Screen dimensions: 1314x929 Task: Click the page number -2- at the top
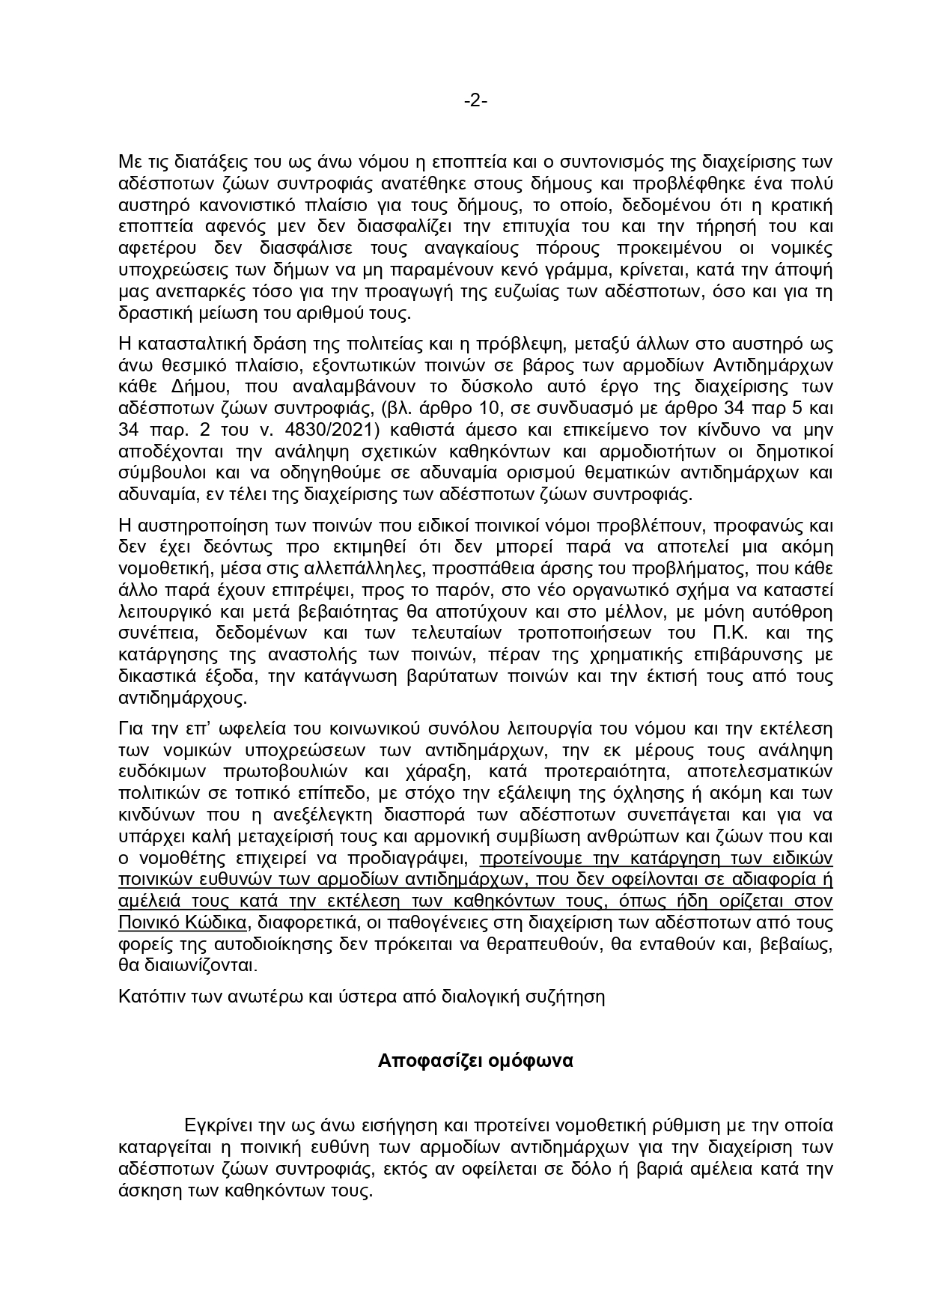(x=475, y=100)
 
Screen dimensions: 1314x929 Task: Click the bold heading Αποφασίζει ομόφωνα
(x=475, y=1061)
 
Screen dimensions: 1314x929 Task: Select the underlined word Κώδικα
(x=210, y=922)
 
